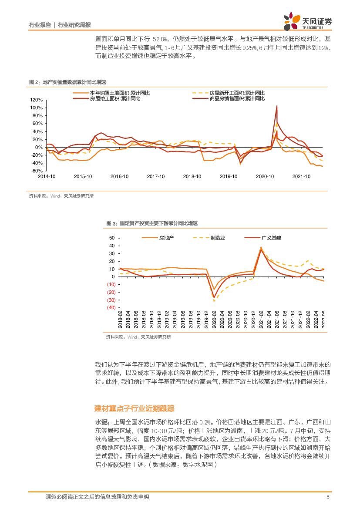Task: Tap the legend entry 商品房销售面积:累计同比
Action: tap(237, 98)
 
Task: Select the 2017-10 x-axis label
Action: tap(155, 176)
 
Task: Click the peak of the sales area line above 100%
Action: tap(276, 106)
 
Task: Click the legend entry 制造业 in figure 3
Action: tap(218, 238)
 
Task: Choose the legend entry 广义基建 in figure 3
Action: tap(271, 238)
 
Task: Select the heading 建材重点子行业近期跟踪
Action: tap(135, 408)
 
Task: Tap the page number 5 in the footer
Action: tap(328, 497)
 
